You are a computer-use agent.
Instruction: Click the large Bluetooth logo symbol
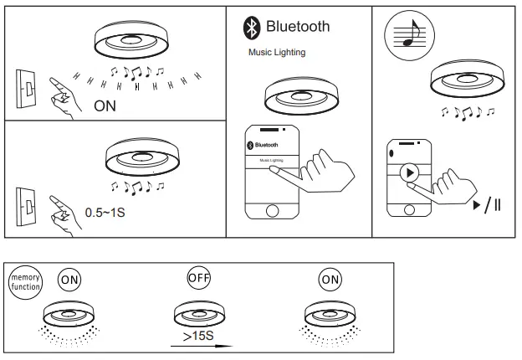[250, 28]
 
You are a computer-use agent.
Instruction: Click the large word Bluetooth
[297, 27]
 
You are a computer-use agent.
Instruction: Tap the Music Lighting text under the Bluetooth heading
[277, 52]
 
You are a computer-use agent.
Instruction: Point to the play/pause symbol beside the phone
[487, 205]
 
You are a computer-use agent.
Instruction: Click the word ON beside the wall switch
[105, 105]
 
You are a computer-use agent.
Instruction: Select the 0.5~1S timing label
[106, 212]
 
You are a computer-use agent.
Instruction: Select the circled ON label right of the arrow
[330, 280]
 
